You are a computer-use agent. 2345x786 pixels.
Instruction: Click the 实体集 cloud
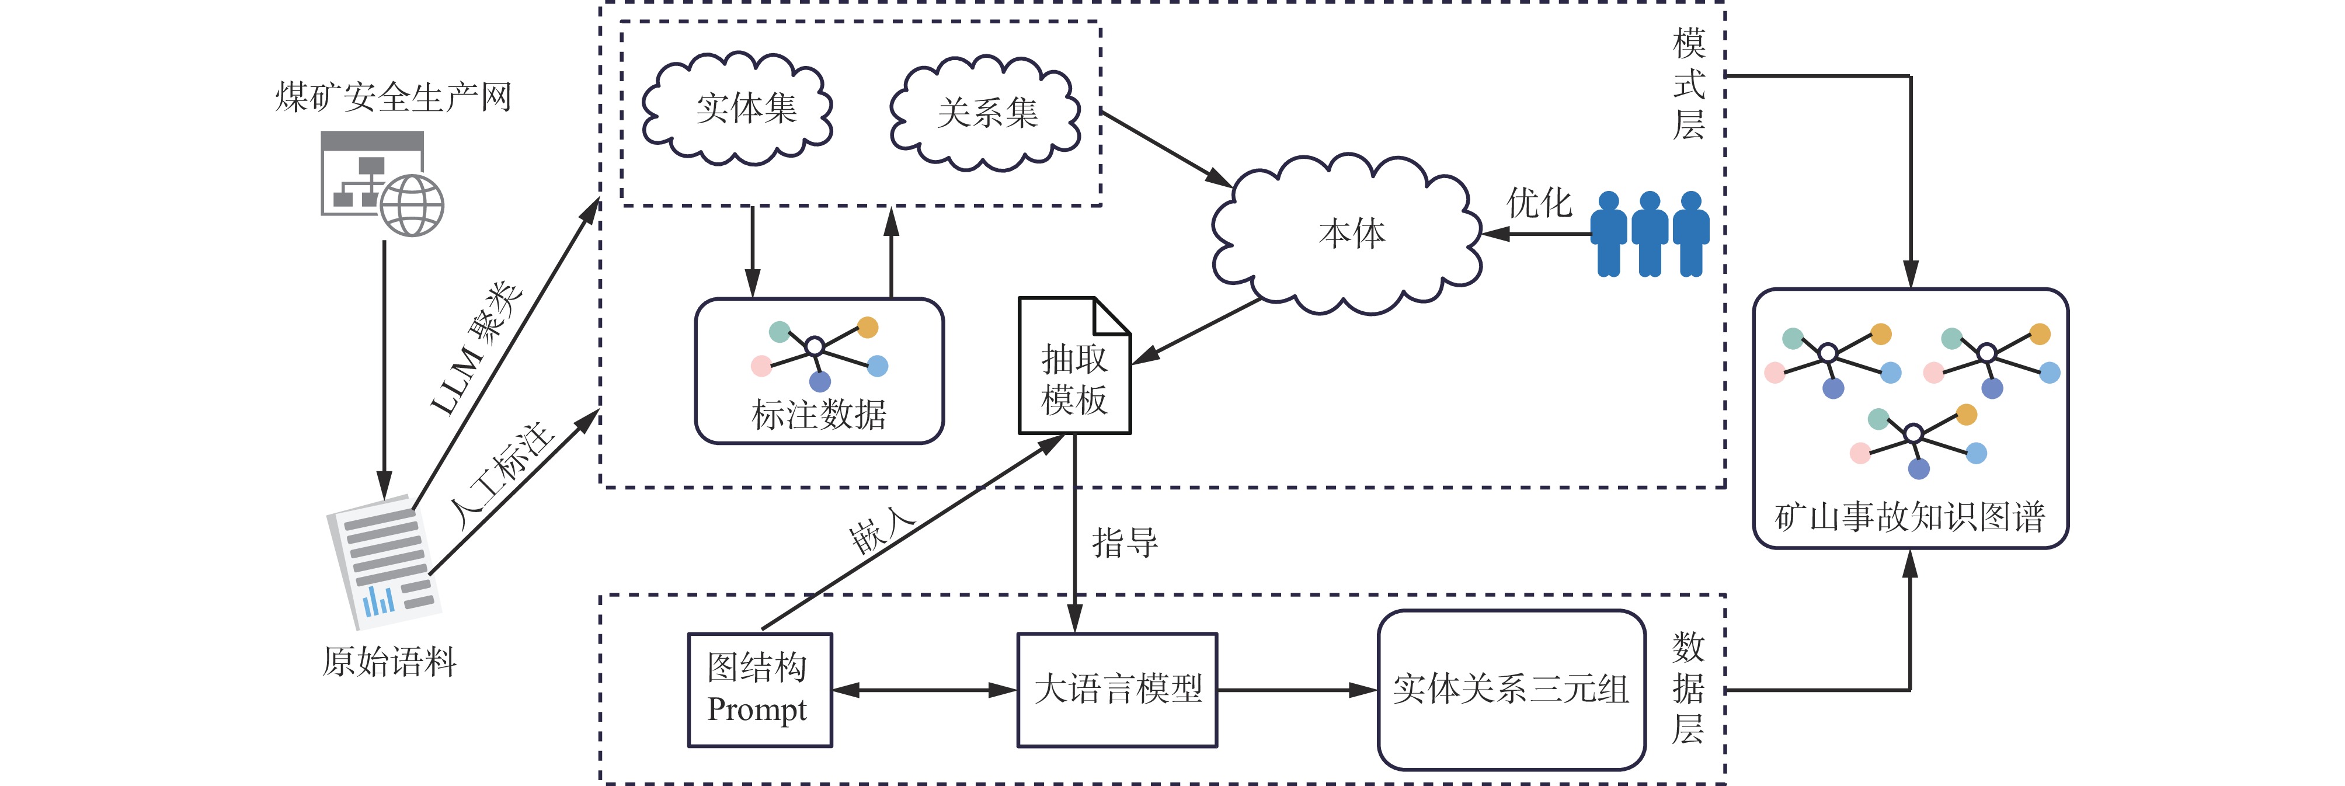(737, 109)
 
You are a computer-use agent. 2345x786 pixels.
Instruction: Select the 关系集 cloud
(986, 114)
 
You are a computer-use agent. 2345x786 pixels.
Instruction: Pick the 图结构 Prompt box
(759, 690)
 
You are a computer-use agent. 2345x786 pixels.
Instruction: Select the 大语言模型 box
(1117, 690)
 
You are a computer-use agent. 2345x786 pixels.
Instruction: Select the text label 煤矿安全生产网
(393, 96)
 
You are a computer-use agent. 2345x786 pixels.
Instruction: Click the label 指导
(1125, 543)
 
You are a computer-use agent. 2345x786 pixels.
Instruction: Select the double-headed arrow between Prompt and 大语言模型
(924, 690)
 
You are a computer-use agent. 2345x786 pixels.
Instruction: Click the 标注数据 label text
(819, 415)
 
